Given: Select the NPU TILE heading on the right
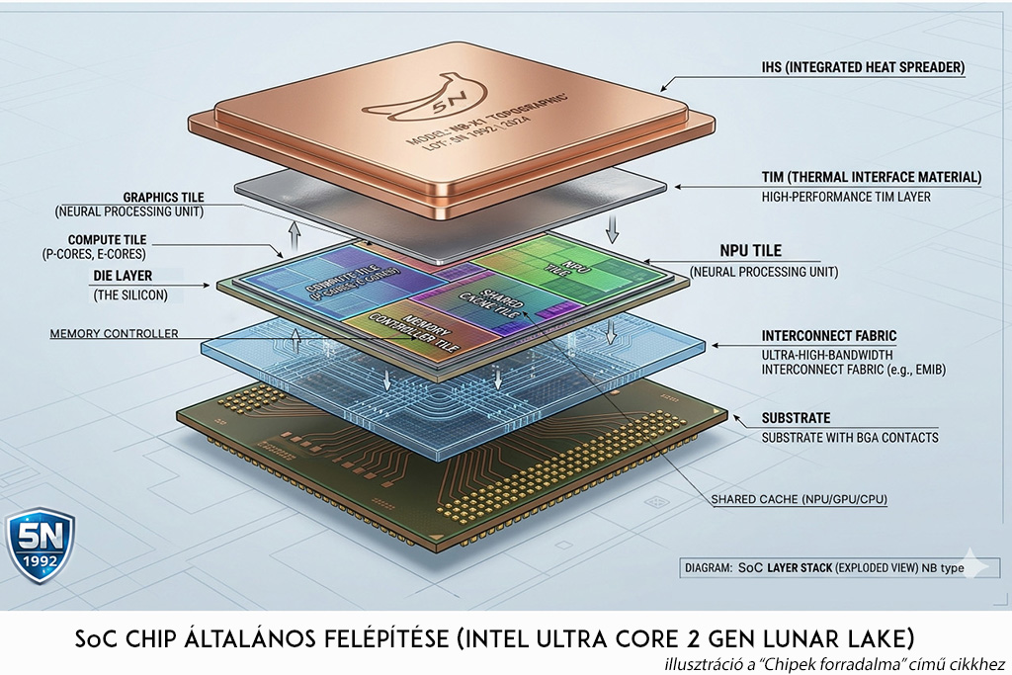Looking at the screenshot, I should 750,251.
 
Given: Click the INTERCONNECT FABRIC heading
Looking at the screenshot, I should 829,336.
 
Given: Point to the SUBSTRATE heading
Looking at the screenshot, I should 796,418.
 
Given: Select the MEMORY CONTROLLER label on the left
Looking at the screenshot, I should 114,334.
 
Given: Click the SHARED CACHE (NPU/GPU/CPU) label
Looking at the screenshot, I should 799,500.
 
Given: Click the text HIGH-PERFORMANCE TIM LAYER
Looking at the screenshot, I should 846,197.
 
